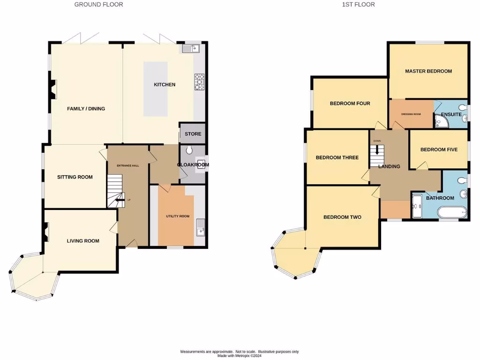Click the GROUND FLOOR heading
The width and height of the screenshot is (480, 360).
(99, 5)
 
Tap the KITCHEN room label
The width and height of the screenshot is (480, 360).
(165, 85)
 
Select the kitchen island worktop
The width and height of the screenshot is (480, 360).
(155, 89)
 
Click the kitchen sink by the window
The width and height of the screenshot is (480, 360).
(191, 48)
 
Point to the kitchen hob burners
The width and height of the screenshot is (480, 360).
(199, 82)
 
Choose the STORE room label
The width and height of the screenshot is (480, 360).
(193, 134)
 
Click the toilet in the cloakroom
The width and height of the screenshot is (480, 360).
(188, 150)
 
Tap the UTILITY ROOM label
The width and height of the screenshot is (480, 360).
(178, 216)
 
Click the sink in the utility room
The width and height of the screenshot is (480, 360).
(200, 227)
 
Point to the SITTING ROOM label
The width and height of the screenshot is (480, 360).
(75, 177)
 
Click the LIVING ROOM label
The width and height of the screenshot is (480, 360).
(83, 241)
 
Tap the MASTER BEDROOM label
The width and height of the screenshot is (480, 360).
(428, 71)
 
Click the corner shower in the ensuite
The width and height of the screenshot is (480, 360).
(441, 122)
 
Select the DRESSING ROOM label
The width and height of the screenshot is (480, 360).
(411, 114)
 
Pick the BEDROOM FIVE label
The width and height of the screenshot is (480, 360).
(439, 150)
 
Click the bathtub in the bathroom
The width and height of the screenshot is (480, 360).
(452, 213)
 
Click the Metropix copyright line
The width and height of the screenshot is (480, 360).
(240, 356)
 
